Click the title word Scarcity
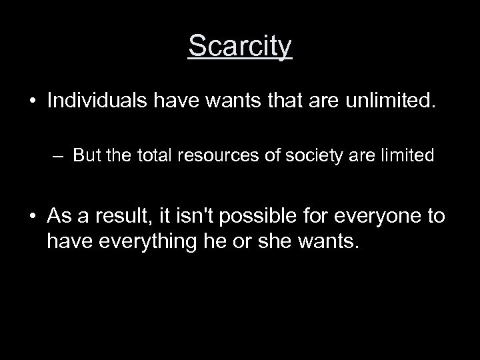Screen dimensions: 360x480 click(x=240, y=47)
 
